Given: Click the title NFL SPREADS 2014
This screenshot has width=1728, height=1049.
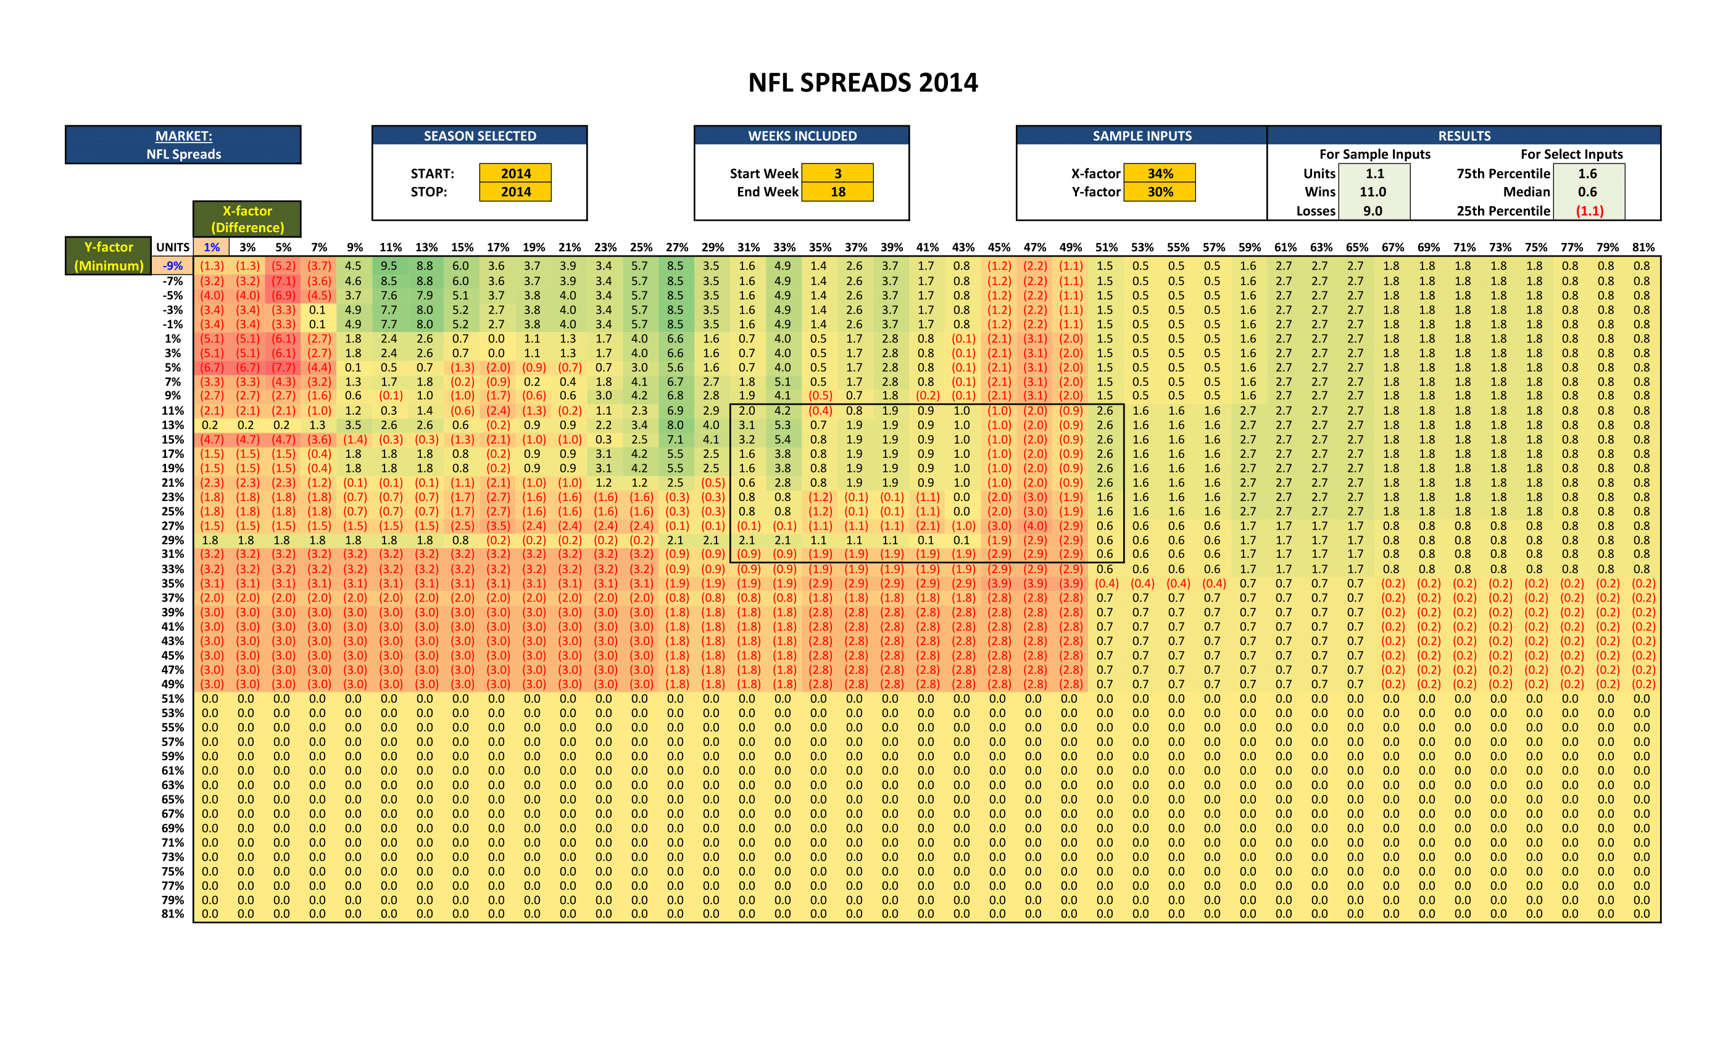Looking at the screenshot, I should click(x=863, y=83).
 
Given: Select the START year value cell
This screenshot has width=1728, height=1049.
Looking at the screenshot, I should click(x=515, y=173).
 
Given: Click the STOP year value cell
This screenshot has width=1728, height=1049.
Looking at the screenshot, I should click(x=515, y=191).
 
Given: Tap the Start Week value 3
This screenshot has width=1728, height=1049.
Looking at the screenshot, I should click(x=837, y=173).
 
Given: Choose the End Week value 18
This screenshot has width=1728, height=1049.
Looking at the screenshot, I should click(x=837, y=191).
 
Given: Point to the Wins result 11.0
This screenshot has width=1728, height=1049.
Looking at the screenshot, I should click(x=1373, y=191).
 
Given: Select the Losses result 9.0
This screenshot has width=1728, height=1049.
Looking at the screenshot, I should click(x=1373, y=210).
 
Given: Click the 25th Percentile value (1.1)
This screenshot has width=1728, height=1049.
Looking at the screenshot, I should click(x=1589, y=210).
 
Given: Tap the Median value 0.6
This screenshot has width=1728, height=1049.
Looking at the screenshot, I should click(x=1587, y=191).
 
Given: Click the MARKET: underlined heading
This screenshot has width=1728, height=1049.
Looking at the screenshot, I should click(x=184, y=136).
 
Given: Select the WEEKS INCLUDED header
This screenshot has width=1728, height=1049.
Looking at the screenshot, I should click(x=802, y=136).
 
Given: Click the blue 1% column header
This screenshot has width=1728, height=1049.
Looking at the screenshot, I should click(x=212, y=247).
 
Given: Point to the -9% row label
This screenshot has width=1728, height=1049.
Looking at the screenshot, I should click(x=173, y=266).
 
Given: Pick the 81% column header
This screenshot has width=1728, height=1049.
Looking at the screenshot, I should click(x=1642, y=247).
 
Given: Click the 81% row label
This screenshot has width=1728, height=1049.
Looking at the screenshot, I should click(x=173, y=914).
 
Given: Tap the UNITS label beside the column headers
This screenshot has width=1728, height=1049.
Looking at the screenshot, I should click(x=173, y=247).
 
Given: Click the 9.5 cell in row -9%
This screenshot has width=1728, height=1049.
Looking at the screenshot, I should click(x=389, y=266).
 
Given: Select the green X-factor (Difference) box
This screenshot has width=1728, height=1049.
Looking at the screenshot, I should click(x=247, y=219).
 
